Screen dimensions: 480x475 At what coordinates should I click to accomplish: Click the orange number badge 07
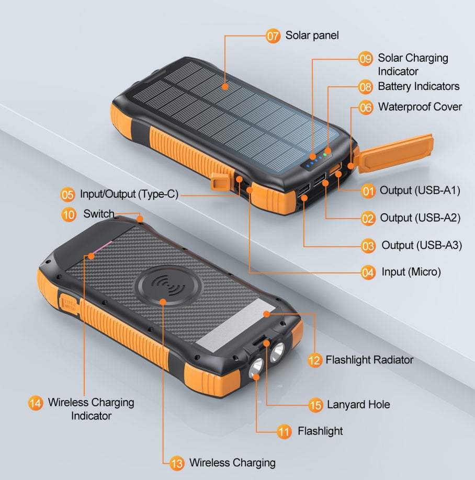pos(273,36)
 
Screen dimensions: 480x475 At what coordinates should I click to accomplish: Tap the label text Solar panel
pos(312,36)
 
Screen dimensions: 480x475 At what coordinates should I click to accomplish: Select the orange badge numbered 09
pos(365,59)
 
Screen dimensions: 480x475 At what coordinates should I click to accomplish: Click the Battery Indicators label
pos(419,86)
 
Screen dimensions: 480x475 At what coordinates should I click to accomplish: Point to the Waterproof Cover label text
pos(420,107)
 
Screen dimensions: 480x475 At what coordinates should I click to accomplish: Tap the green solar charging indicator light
pos(325,154)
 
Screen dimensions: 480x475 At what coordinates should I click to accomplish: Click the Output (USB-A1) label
pos(420,190)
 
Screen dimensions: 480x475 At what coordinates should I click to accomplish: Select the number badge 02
pos(368,218)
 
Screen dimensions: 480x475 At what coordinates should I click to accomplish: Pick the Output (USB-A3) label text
pos(422,245)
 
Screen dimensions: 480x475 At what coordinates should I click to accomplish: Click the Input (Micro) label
pos(411,272)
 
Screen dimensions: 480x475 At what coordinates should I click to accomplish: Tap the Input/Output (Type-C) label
pos(129,195)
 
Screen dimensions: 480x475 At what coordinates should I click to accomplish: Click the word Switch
pos(98,214)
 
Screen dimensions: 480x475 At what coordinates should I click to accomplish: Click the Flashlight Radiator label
pos(369,360)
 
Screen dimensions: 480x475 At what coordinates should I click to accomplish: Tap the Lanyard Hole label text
pos(358,405)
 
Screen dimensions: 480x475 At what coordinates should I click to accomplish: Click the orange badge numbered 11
pos(284,431)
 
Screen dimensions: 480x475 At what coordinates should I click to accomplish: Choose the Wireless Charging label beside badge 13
pos(232,463)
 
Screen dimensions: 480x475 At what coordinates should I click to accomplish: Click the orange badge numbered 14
pos(35,403)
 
